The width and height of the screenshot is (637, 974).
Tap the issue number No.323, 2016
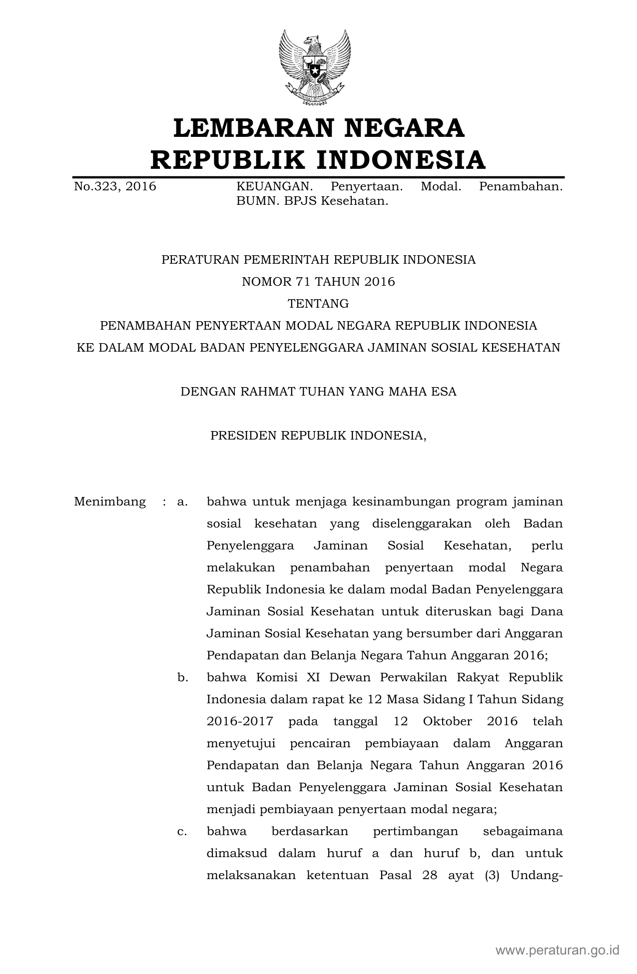coord(115,187)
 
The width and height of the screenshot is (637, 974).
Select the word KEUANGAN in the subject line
coord(274,187)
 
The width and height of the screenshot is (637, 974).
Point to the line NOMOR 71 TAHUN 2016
coord(318,282)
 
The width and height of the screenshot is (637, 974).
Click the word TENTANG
coord(318,304)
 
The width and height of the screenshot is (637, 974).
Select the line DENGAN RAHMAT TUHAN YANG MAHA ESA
coord(318,392)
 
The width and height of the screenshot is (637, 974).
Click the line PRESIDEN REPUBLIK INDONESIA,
coord(318,436)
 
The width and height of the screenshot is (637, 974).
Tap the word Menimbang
coord(110,501)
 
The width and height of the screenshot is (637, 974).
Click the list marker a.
coord(182,501)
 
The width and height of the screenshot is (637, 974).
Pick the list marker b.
coord(182,677)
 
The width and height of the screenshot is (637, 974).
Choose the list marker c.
coord(182,831)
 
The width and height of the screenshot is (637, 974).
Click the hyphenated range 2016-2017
coord(240,721)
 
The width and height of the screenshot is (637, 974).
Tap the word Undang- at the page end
coord(537,875)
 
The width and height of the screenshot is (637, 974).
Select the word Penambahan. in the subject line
coord(521,187)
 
